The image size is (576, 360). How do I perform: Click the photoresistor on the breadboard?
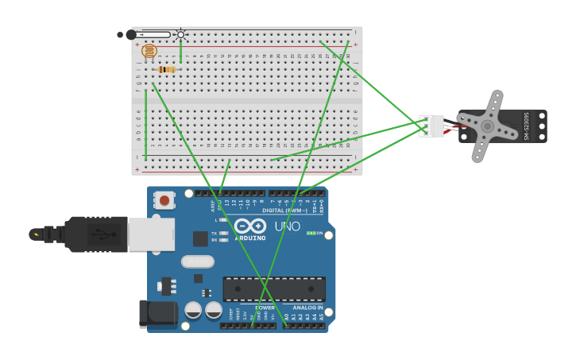coord(149,52)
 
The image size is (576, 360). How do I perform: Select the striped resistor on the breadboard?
coord(167,69)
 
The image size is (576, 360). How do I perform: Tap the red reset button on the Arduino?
coord(164,200)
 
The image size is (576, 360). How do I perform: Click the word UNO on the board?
coord(288,226)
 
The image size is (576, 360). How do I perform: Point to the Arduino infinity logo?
coord(250,226)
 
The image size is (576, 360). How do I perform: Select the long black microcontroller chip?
coord(274,288)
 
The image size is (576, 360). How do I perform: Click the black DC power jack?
coord(157,313)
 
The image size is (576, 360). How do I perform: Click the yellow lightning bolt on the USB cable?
coord(35,234)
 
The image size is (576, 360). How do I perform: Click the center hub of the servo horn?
coord(486,126)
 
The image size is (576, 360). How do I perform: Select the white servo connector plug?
coord(431,126)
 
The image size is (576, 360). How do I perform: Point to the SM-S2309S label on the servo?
coord(527,126)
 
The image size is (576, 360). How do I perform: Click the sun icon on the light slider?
coord(180,34)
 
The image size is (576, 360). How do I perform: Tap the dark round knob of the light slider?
coord(130,35)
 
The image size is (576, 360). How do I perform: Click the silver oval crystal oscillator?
coord(198,261)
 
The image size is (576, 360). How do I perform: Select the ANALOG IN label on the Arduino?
coord(307,308)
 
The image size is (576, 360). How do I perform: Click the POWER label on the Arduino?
coord(265,308)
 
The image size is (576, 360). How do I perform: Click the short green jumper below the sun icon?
coord(180,52)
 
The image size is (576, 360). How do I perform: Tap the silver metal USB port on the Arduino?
coord(151,234)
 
